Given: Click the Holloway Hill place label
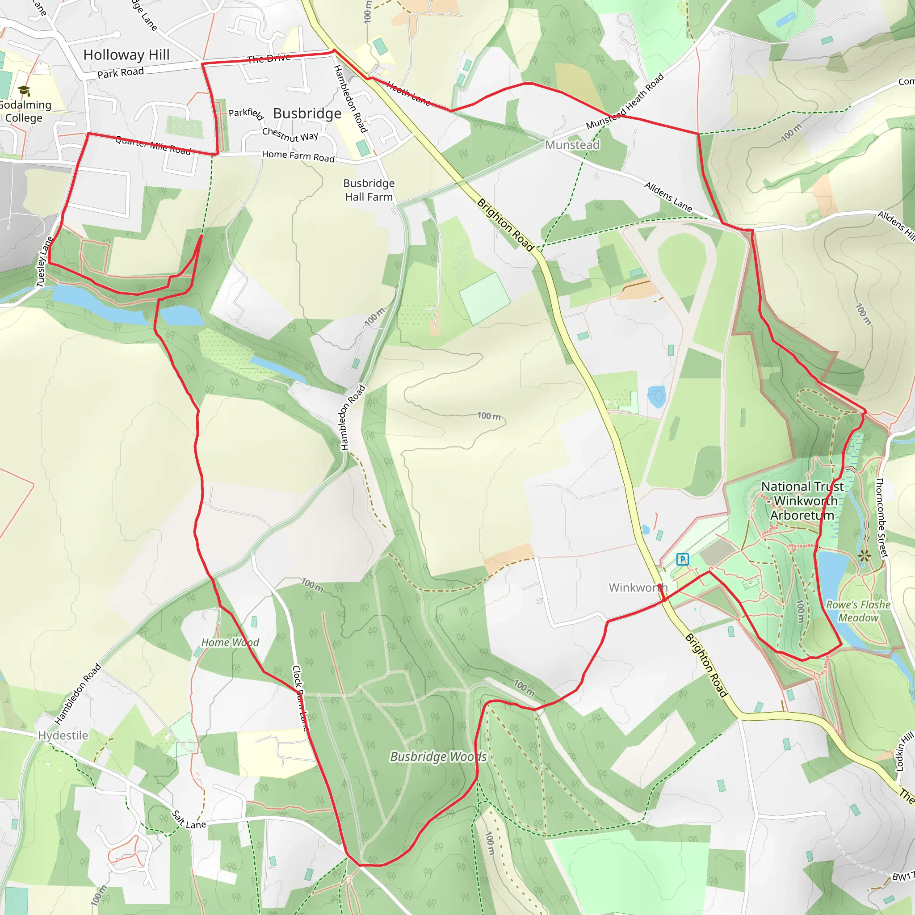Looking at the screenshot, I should pos(126,55).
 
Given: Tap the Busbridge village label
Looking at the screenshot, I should pos(307,113).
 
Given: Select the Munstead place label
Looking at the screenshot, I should pos(572,145).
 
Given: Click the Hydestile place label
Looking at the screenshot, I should pos(63,735).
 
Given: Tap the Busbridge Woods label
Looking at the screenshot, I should pos(438,757).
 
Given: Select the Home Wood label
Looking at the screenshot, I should pos(230,642).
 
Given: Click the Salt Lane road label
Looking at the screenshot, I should pos(189,820).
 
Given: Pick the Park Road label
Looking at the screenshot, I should pos(120,73).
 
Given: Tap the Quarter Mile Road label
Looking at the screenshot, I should pos(153,145).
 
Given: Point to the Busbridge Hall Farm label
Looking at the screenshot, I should pos(369,190).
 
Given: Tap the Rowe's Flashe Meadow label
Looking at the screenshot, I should pos(858,612).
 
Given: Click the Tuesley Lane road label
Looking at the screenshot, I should pos(45,262).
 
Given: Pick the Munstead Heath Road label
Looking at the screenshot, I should pos(625,102).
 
